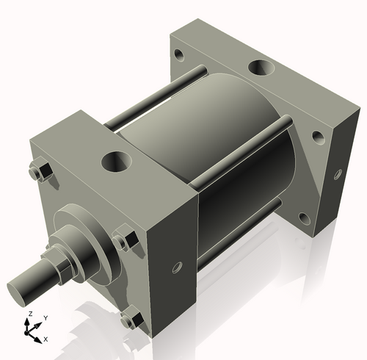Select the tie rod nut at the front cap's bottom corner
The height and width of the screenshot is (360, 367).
[131, 320]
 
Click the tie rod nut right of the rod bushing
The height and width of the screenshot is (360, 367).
[123, 240]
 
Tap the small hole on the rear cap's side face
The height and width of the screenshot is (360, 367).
[338, 175]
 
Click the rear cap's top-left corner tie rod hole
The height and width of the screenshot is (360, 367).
[178, 54]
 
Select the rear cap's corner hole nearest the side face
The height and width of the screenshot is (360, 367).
[316, 137]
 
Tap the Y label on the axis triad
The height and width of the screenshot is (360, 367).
[46, 317]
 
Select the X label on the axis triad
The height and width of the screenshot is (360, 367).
[46, 339]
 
